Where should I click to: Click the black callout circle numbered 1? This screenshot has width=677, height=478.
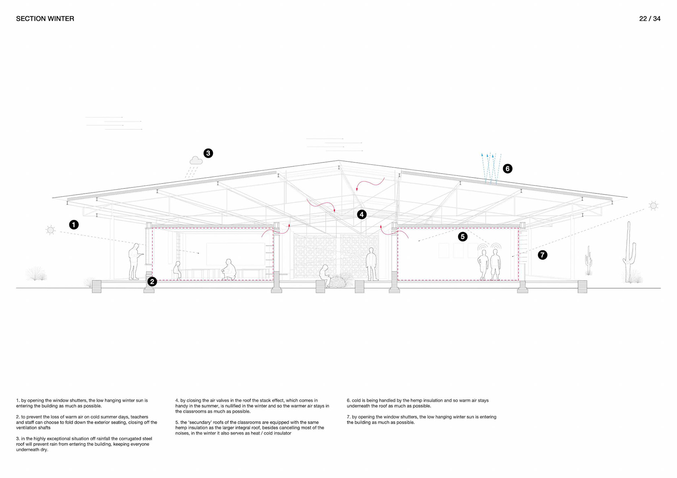pyautogui.click(x=74, y=225)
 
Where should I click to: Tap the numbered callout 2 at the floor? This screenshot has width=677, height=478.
pyautogui.click(x=152, y=281)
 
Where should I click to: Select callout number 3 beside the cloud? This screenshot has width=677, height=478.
pyautogui.click(x=208, y=153)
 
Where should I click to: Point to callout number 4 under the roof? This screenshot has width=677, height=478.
pyautogui.click(x=361, y=215)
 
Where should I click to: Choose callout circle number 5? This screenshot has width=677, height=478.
pyautogui.click(x=463, y=237)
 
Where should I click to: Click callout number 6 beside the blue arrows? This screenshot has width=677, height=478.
pyautogui.click(x=507, y=169)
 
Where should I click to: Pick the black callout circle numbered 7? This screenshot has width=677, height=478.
pyautogui.click(x=542, y=255)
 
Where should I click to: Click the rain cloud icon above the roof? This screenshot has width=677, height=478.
pyautogui.click(x=196, y=161)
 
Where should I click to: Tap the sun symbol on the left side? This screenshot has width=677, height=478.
pyautogui.click(x=50, y=230)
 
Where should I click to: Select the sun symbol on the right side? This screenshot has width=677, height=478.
pyautogui.click(x=653, y=206)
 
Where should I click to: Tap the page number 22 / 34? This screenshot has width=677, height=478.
pyautogui.click(x=649, y=19)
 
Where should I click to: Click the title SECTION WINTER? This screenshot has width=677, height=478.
pyautogui.click(x=45, y=19)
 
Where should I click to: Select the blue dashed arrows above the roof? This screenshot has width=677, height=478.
pyautogui.click(x=491, y=168)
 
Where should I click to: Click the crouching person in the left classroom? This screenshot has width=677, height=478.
pyautogui.click(x=229, y=270)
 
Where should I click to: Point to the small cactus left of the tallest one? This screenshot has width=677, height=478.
pyautogui.click(x=588, y=261)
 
